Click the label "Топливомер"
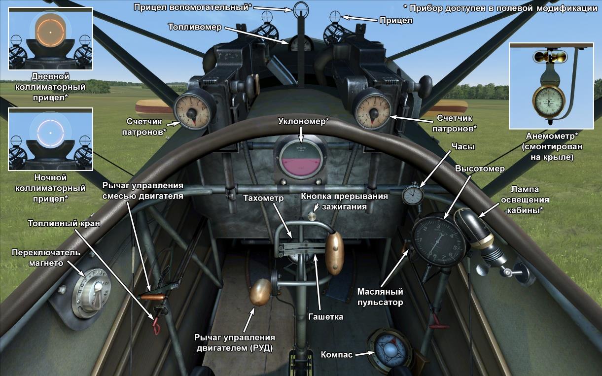[x=195, y=26]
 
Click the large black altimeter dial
[x=438, y=240]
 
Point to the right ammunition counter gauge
[x=371, y=108]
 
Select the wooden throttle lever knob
[x=260, y=293]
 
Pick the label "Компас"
[x=336, y=354]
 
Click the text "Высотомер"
[x=480, y=169]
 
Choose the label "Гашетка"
[x=325, y=316]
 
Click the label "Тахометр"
[x=264, y=198]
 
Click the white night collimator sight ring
[x=50, y=132]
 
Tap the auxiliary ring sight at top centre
[x=300, y=8]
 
